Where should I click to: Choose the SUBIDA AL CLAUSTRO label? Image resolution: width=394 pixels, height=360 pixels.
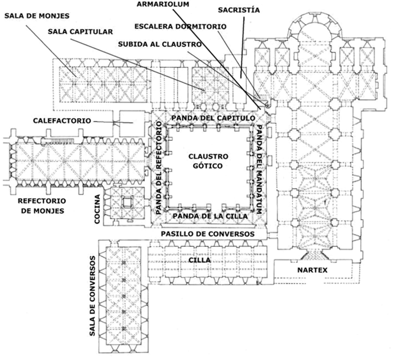coord(161,44)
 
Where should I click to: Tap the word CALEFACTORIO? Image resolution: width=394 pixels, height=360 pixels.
coord(62,120)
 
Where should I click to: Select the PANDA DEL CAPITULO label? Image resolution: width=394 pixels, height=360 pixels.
coord(213,118)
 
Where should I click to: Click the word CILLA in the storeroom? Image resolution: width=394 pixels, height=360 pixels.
coord(202,260)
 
